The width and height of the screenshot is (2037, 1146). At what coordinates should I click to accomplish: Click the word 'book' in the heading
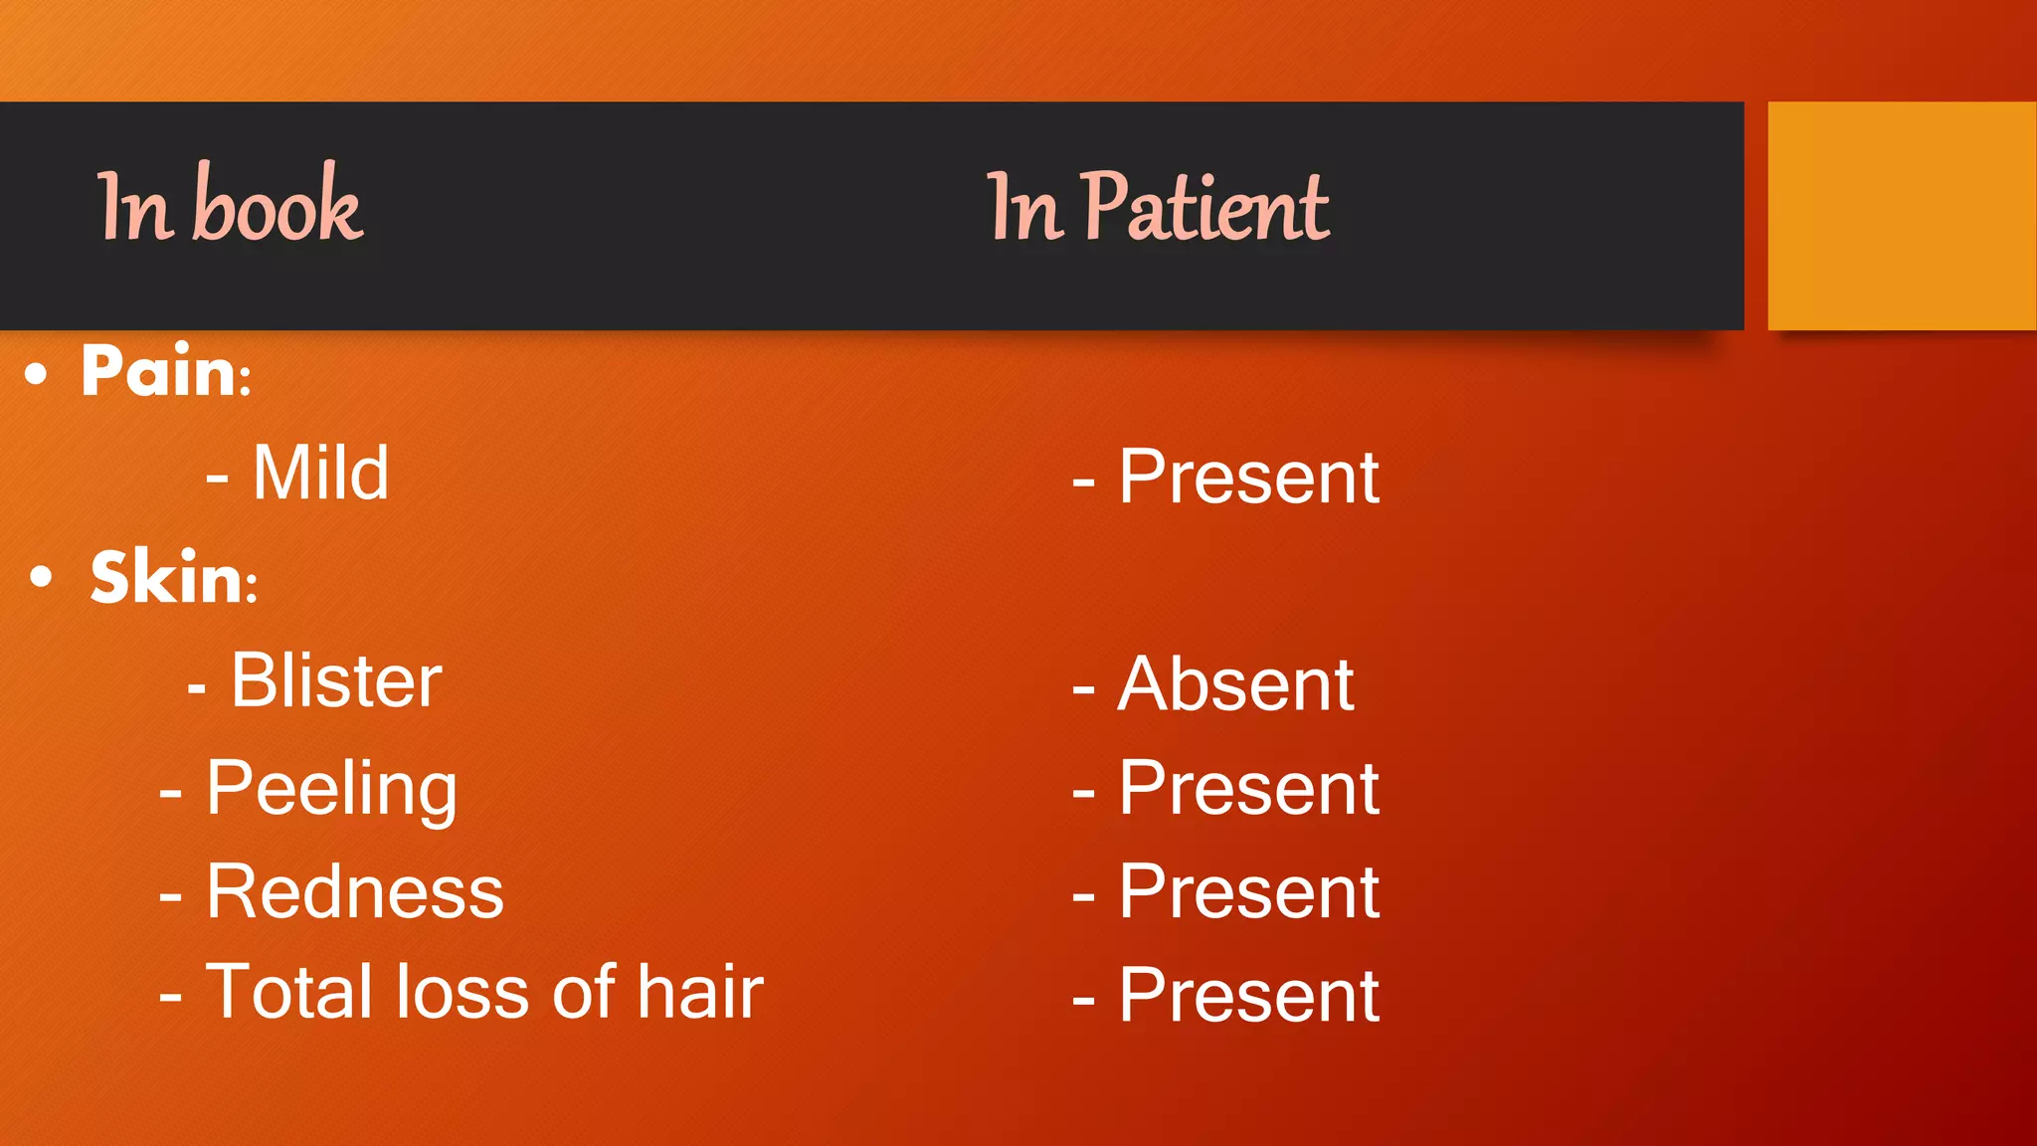[x=278, y=206]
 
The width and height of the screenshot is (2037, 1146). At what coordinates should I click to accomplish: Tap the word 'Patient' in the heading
[x=1204, y=207]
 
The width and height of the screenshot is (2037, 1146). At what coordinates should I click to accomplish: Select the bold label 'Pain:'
[x=165, y=371]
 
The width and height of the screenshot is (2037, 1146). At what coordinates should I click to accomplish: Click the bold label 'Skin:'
[x=173, y=577]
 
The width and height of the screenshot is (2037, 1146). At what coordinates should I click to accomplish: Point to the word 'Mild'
[x=319, y=474]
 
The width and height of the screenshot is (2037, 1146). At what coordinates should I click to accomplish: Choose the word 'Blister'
[x=336, y=681]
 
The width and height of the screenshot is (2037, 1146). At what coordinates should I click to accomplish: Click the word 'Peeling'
[x=331, y=789]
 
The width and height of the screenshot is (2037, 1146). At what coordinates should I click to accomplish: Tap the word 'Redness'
[x=354, y=892]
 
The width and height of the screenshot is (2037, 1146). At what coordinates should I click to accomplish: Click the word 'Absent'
[x=1235, y=685]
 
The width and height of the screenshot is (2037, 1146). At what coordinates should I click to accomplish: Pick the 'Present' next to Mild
[x=1248, y=477]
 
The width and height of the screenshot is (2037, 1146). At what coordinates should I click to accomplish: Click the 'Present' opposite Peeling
[x=1248, y=789]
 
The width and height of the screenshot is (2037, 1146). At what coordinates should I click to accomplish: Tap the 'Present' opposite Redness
[x=1248, y=892]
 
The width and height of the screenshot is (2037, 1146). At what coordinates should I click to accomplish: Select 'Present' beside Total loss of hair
[x=1248, y=996]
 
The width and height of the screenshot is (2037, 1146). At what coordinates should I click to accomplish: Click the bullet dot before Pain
[x=37, y=374]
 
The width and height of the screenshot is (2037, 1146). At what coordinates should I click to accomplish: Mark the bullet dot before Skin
[x=41, y=577]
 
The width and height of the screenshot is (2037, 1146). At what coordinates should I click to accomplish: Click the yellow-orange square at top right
[x=1901, y=216]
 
